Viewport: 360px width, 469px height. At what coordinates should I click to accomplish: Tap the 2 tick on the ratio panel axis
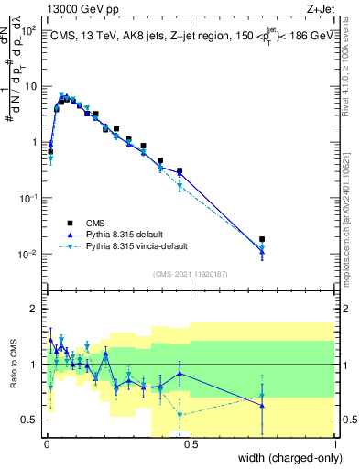[x=35, y=309]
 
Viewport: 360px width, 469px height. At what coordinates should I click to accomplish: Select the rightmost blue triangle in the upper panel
[x=262, y=252]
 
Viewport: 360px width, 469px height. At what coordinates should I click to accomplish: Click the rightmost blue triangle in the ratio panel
[x=262, y=405]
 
